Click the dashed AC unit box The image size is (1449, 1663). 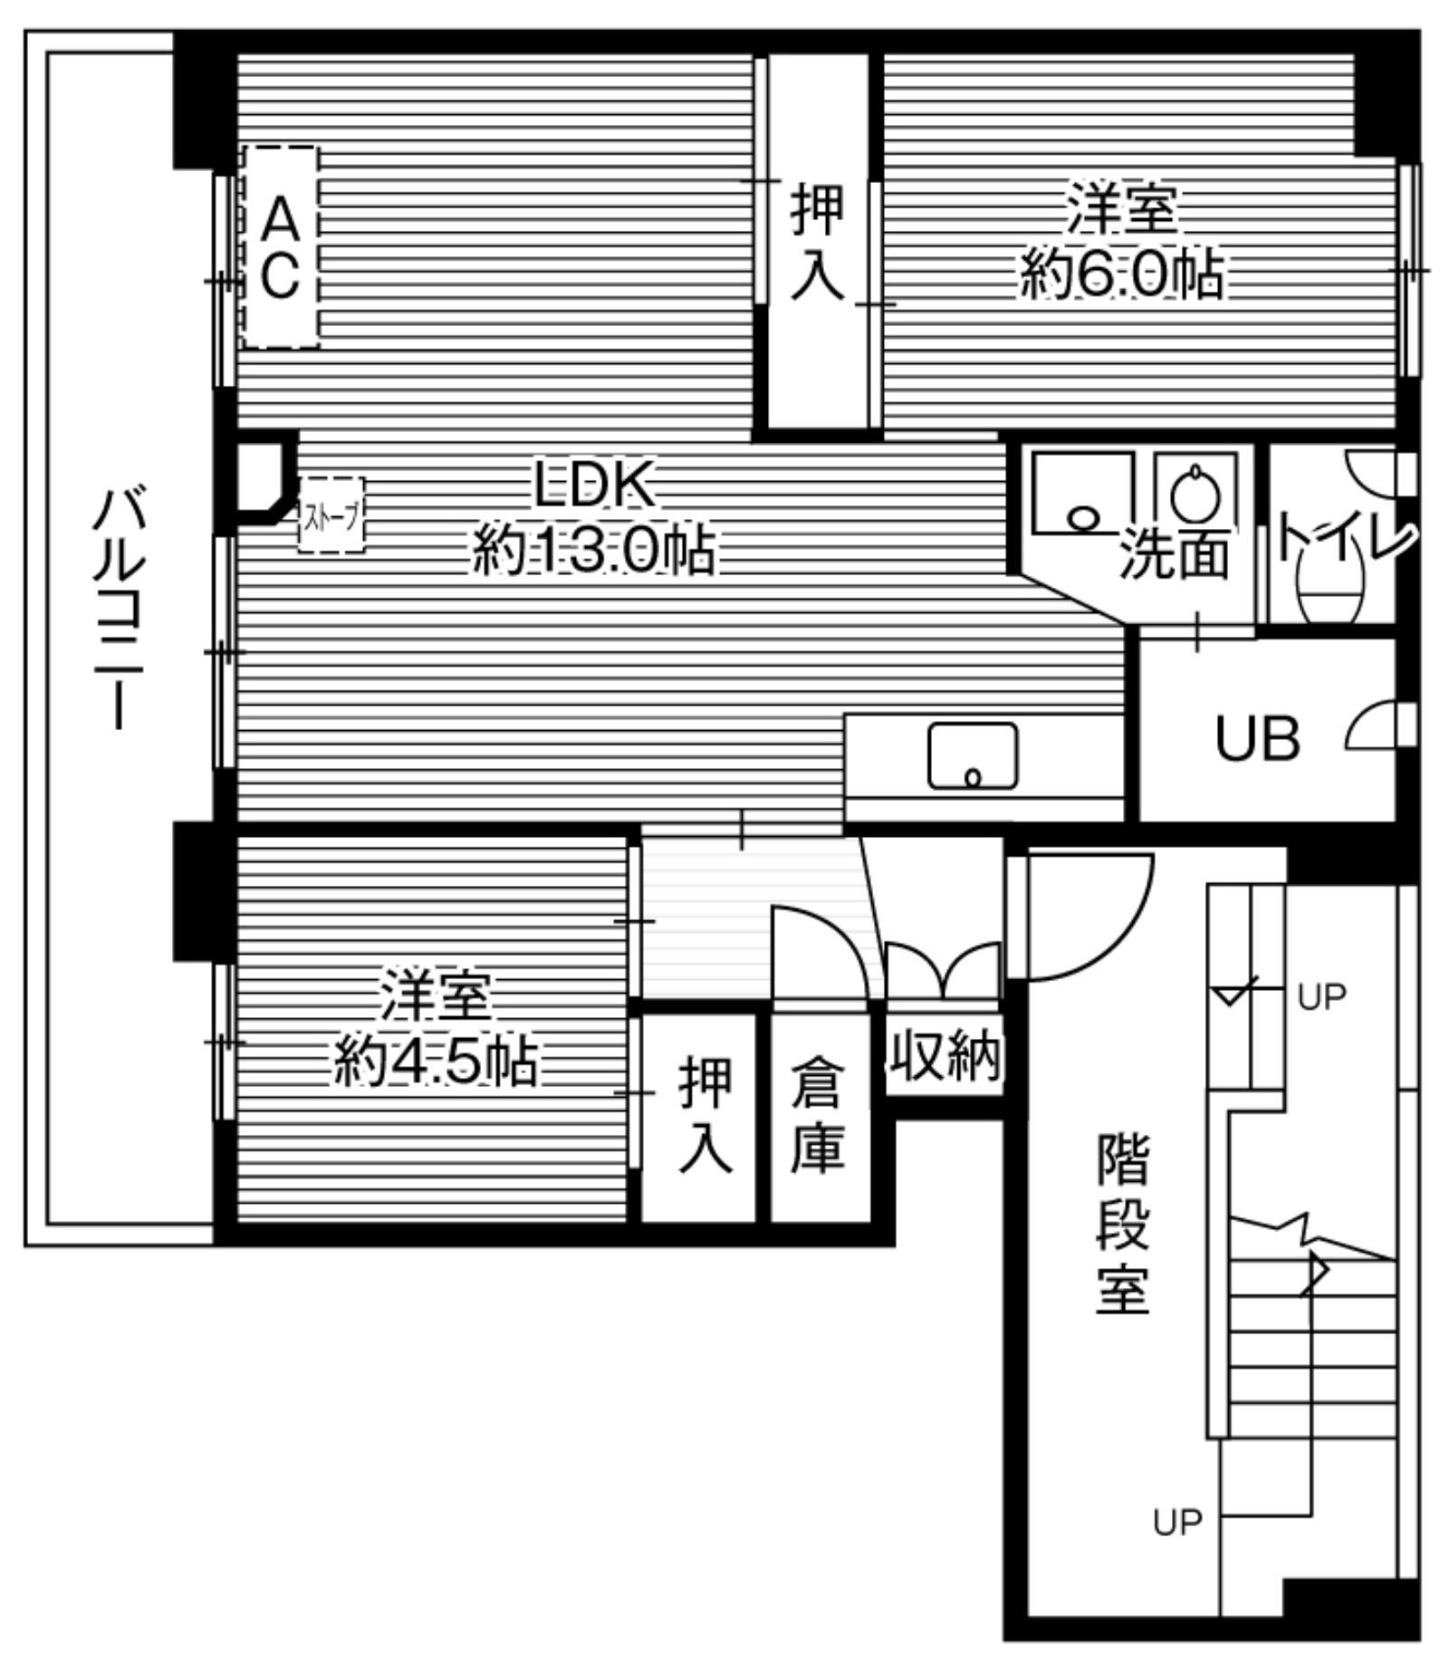tap(281, 246)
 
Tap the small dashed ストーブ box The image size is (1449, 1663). tap(331, 514)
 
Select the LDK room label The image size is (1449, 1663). tap(593, 485)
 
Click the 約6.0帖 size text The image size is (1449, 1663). tap(1121, 275)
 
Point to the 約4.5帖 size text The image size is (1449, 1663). tap(436, 1062)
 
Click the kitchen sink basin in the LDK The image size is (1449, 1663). tap(973, 755)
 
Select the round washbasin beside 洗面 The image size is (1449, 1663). tap(1195, 496)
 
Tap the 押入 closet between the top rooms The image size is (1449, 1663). tap(817, 241)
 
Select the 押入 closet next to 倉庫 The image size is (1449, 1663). tap(705, 1116)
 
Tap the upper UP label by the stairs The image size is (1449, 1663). tap(1321, 997)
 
